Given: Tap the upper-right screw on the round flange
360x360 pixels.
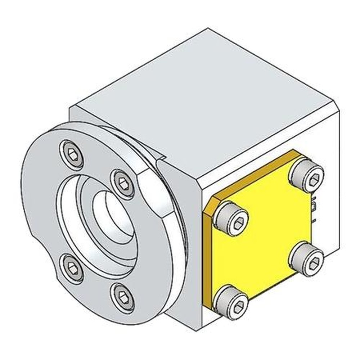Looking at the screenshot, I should pyautogui.click(x=123, y=184).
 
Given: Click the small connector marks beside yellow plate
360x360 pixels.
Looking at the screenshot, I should pyautogui.click(x=314, y=211).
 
